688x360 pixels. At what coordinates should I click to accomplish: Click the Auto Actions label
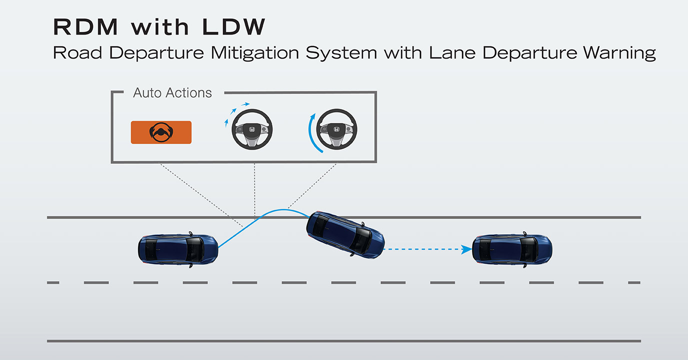pyautogui.click(x=172, y=93)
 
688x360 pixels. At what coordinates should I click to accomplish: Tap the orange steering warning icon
pyautogui.click(x=161, y=132)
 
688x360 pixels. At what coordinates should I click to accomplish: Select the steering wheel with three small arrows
pyautogui.click(x=252, y=130)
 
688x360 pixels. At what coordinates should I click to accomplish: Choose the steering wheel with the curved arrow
pyautogui.click(x=337, y=130)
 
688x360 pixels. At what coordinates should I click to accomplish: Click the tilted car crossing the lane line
pyautogui.click(x=345, y=234)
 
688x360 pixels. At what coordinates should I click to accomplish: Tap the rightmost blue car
pyautogui.click(x=512, y=248)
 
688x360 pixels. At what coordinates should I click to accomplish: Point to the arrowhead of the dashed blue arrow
pyautogui.click(x=467, y=248)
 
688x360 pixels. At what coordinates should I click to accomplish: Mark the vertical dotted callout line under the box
pyautogui.click(x=254, y=190)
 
